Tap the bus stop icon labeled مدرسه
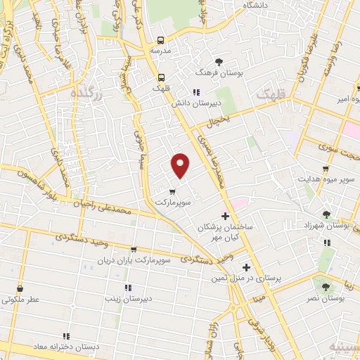click(161, 41)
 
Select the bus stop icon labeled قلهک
click(161, 78)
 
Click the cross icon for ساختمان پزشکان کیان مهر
click(225, 216)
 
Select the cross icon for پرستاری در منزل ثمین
click(245, 267)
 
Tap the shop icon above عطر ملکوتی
click(20, 288)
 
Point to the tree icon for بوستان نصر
click(325, 287)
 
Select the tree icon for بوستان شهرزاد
click(326, 214)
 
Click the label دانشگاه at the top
click(257, 6)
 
